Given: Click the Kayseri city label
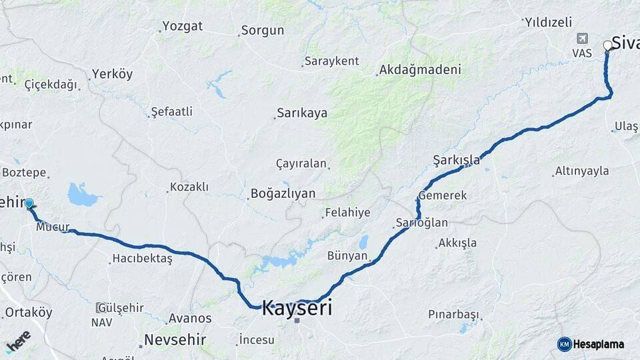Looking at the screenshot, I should click(x=297, y=308).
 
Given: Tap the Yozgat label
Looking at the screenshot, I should click(x=182, y=27).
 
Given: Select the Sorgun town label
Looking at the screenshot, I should click(x=263, y=30).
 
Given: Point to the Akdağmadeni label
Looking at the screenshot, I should click(x=420, y=69).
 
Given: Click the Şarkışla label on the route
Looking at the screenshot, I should click(x=456, y=159).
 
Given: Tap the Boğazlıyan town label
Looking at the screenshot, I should click(x=283, y=193).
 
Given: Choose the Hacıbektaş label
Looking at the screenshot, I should click(x=143, y=258).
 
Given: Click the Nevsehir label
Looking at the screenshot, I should click(x=176, y=340).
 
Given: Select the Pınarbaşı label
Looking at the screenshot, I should click(x=454, y=314).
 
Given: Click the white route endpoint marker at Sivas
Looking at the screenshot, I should click(x=607, y=45).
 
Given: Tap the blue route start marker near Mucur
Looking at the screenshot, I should click(x=29, y=203).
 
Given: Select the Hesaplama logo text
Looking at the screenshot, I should click(x=597, y=344).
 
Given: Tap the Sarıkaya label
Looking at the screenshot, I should click(x=303, y=113).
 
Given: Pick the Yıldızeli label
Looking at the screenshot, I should click(x=549, y=22).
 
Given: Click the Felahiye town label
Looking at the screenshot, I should click(x=347, y=213).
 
